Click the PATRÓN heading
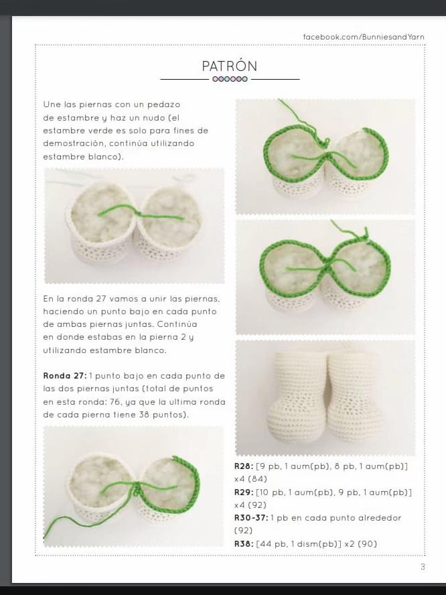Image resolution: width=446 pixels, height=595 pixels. pos(230,66)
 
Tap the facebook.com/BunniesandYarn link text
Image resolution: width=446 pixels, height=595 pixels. pos(364,37)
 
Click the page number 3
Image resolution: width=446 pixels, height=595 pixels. pos(423,567)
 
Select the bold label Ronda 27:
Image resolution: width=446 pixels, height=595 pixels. pos(64,375)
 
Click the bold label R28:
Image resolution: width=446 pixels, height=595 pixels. pos(243,466)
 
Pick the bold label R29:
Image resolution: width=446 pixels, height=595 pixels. pos(243,492)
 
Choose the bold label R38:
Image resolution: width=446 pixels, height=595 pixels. pos(243,543)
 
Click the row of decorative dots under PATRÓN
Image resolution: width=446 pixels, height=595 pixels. pos(230,79)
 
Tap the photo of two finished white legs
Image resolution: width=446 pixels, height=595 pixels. pos(325,398)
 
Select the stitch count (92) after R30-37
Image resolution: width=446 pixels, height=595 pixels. pos(243,531)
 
